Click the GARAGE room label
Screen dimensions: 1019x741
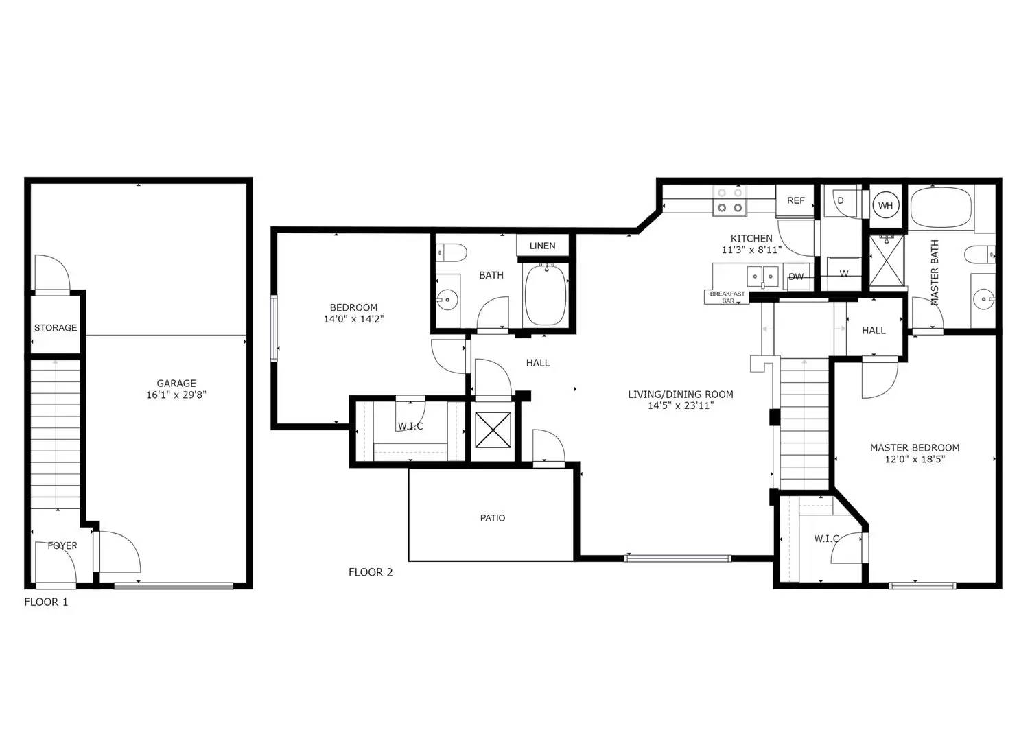[x=176, y=383]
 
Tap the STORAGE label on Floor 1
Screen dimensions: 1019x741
[x=56, y=327]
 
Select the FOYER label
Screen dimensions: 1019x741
[x=62, y=545]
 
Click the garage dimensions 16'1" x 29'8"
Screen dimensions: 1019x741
[x=176, y=395]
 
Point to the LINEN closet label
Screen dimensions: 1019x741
[x=542, y=246]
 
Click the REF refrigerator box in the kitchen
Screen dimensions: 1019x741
[x=795, y=201]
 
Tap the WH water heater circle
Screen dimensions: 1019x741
[x=885, y=206]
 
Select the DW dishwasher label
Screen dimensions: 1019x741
[x=795, y=277]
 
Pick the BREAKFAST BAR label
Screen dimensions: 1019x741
[x=727, y=298]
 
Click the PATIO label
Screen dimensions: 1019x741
[x=493, y=517]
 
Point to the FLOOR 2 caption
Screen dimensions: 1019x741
[x=371, y=572]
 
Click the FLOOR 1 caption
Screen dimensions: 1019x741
[x=46, y=602]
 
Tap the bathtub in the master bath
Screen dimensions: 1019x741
[x=941, y=207]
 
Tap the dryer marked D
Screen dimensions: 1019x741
[x=841, y=200]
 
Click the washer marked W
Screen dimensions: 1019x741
[x=844, y=273]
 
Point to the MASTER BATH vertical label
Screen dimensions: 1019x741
[x=935, y=272]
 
